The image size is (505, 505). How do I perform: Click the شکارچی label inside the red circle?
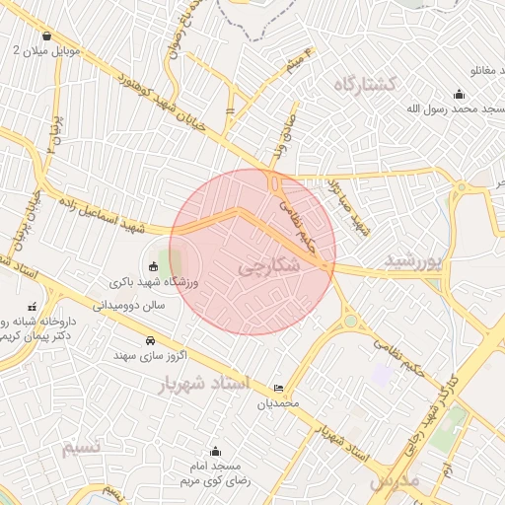[265, 267]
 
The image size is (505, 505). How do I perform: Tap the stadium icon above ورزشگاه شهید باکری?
[152, 266]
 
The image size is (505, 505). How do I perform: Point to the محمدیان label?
[278, 403]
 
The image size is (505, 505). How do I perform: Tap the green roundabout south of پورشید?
[350, 320]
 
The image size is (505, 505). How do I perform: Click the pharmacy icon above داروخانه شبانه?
[33, 306]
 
